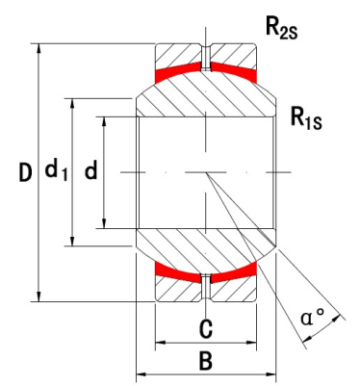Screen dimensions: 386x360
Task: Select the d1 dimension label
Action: tap(57, 172)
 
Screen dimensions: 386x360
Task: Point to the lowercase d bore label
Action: tap(91, 172)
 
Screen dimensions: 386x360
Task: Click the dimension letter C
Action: tap(205, 329)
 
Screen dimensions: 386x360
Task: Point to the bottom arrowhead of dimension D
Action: tap(39, 296)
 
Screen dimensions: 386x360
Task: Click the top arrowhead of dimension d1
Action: tap(73, 101)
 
